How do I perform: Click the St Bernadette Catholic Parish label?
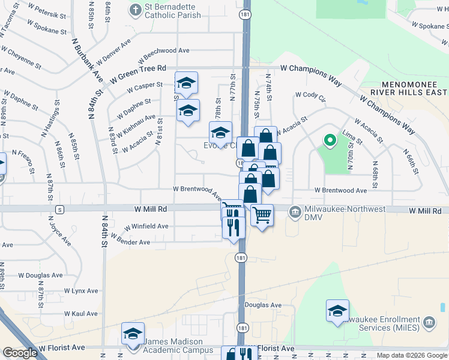[175, 11]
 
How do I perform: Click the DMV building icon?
[295, 212]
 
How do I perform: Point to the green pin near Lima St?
[329, 142]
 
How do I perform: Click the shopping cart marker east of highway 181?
[262, 215]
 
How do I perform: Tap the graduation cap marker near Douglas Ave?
[338, 311]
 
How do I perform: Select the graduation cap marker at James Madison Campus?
[133, 334]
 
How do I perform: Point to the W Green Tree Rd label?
[137, 74]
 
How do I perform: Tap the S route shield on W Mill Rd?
[59, 209]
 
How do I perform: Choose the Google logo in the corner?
[20, 353]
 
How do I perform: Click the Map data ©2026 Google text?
[412, 355]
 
